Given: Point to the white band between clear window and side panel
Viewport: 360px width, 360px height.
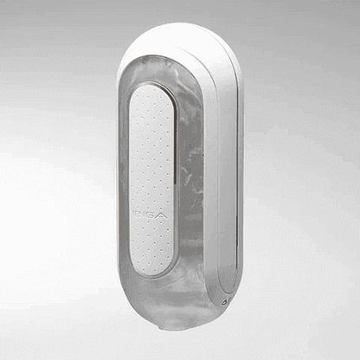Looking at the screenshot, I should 212,173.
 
